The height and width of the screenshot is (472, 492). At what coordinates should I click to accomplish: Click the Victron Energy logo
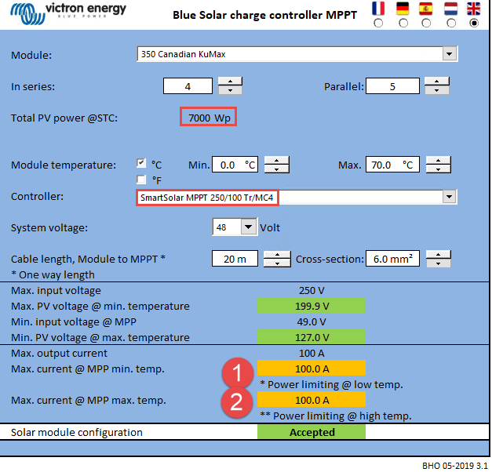(68, 13)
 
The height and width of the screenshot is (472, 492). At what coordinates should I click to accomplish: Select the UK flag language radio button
(474, 24)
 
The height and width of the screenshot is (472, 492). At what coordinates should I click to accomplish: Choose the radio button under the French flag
(378, 24)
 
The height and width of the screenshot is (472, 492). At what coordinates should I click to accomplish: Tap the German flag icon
(403, 9)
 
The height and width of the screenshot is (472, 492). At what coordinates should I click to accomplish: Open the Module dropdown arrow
(450, 54)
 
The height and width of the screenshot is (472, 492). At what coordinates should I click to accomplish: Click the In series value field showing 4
(188, 86)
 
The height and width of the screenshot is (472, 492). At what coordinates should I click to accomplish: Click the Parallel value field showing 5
(392, 86)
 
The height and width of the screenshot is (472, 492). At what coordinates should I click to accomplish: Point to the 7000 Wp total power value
(209, 118)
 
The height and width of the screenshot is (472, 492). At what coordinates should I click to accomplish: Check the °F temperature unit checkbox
(141, 180)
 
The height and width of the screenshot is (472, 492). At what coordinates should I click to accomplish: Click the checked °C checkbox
(141, 163)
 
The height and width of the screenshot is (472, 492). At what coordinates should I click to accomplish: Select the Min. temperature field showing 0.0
(235, 165)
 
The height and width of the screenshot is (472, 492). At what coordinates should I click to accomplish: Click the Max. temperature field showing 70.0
(392, 165)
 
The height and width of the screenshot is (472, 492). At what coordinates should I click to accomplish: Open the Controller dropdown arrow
(450, 197)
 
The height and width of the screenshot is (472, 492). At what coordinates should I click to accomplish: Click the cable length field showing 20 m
(235, 259)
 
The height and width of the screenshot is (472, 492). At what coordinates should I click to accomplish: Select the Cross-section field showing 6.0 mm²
(392, 259)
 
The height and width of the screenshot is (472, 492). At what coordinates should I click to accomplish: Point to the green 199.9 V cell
(312, 306)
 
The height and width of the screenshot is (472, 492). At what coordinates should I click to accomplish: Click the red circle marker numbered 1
(238, 373)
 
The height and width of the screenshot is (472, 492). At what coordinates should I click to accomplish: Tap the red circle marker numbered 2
(237, 402)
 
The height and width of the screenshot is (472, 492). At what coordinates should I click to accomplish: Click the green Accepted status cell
(312, 432)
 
